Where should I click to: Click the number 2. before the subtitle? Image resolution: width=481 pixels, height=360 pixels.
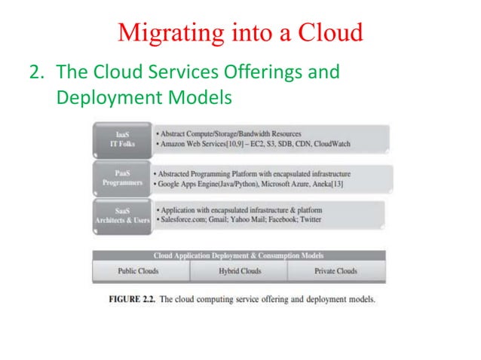(x=35, y=73)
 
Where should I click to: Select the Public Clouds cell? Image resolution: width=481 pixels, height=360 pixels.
(x=139, y=271)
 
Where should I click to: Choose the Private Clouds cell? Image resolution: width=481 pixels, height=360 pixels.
(x=336, y=271)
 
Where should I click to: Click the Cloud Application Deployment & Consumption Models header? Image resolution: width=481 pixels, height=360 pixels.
(x=238, y=256)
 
